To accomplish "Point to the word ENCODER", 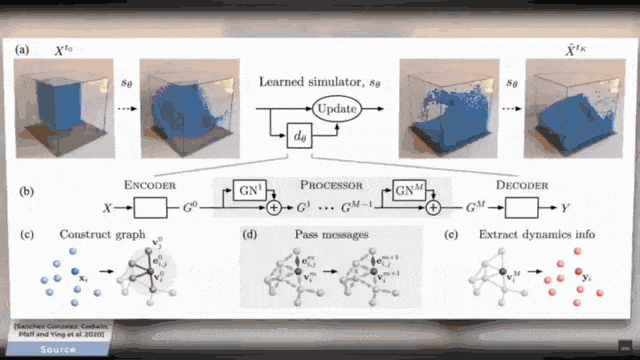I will coord(149,185).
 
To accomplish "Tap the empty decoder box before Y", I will coord(522,209).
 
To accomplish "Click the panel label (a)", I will coord(24,47).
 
